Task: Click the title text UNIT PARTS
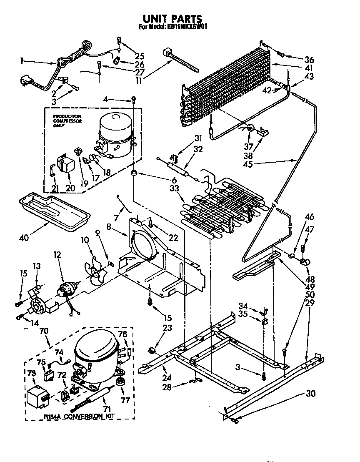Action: coord(172,19)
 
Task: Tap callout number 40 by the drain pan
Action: coord(25,238)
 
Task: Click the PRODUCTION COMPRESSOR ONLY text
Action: coord(67,121)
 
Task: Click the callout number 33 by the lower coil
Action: coord(174,188)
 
